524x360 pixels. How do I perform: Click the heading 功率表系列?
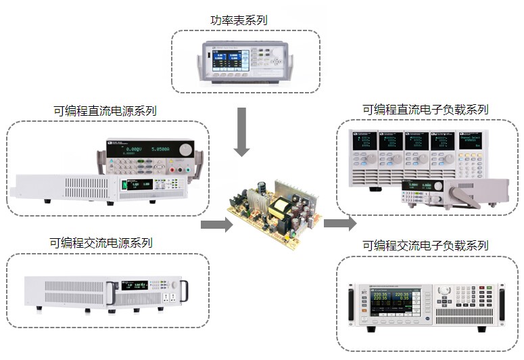point(239,20)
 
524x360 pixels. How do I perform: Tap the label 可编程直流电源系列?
point(105,110)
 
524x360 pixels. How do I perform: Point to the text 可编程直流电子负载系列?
point(425,109)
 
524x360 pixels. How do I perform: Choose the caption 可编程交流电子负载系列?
point(425,245)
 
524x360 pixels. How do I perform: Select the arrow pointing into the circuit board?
point(216,225)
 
